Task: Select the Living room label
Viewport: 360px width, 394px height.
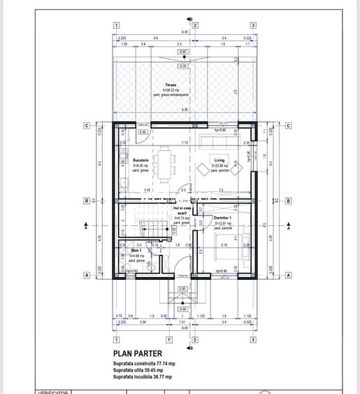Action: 219,160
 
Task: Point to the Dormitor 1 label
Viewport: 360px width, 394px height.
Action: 223,218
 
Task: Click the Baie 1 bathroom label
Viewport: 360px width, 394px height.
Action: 136,251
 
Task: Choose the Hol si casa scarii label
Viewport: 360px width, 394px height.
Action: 182,210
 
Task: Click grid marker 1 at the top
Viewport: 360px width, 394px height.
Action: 115,25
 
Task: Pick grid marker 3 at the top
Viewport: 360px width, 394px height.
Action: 252,25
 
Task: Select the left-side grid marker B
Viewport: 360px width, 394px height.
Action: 85,201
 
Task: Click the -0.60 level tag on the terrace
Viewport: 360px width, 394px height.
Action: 182,52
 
